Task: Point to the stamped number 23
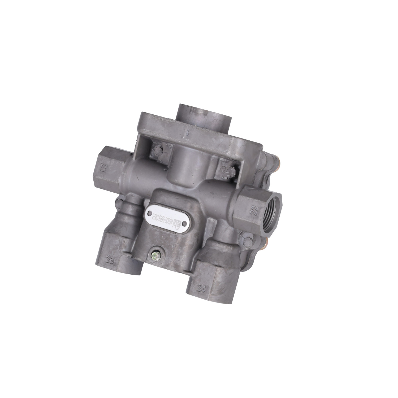point(110,259)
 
